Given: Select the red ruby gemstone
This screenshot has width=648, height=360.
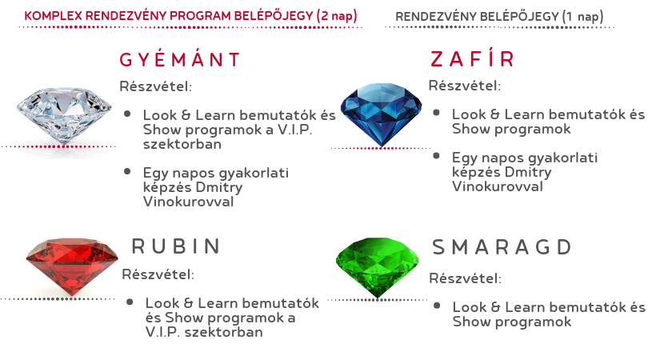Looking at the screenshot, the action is pyautogui.click(x=72, y=266).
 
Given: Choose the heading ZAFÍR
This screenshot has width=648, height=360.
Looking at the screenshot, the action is pyautogui.click(x=472, y=58).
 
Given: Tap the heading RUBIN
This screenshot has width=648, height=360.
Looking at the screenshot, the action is pyautogui.click(x=177, y=246).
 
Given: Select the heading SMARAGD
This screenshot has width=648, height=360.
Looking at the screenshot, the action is pyautogui.click(x=502, y=247).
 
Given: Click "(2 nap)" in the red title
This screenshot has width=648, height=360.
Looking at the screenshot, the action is pyautogui.click(x=337, y=16).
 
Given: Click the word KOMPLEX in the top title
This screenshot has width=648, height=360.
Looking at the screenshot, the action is pyautogui.click(x=54, y=16).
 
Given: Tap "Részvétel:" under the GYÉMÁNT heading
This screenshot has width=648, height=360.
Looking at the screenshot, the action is pyautogui.click(x=156, y=86).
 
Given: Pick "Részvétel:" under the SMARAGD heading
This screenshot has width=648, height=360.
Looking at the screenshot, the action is pyautogui.click(x=466, y=278).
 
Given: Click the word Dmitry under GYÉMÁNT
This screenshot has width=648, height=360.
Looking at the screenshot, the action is pyautogui.click(x=219, y=187).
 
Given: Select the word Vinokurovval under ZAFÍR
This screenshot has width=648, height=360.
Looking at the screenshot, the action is pyautogui.click(x=498, y=186).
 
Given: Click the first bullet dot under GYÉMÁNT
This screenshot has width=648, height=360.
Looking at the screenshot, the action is pyautogui.click(x=127, y=114).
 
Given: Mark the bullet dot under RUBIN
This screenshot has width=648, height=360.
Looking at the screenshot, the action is pyautogui.click(x=130, y=302).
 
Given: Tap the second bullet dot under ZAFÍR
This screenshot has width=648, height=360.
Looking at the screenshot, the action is pyautogui.click(x=436, y=156).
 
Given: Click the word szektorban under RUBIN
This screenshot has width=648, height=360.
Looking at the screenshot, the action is pyautogui.click(x=223, y=332).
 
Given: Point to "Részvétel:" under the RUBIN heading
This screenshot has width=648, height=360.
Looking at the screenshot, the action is pyautogui.click(x=158, y=274).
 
